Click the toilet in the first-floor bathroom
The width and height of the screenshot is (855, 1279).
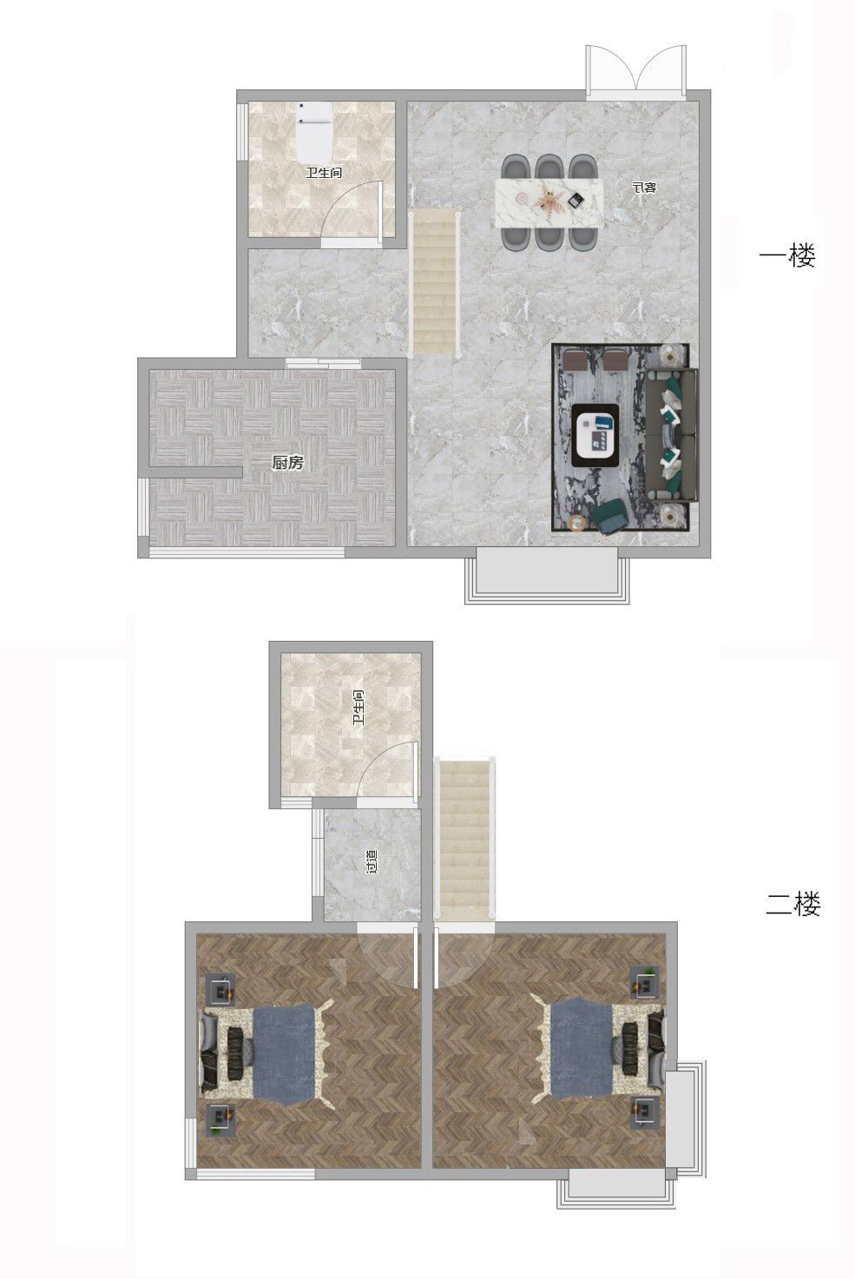click(314, 133)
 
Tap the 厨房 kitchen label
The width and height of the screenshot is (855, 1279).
click(287, 463)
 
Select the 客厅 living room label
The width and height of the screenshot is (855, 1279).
click(644, 187)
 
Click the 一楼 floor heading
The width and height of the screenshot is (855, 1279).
click(787, 255)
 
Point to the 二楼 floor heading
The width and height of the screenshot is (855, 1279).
click(793, 905)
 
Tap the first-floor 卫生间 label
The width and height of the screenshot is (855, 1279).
click(324, 173)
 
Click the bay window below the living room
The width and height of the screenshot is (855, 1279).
click(548, 575)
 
